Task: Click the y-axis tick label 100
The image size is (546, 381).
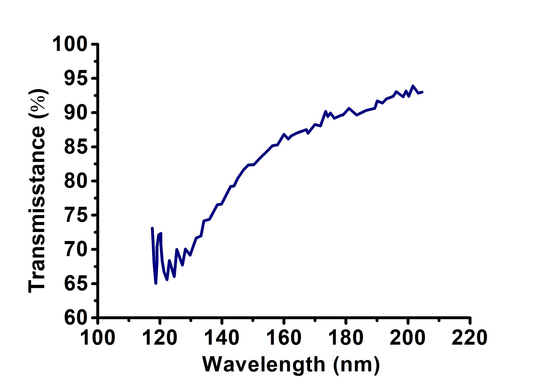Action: tap(70, 44)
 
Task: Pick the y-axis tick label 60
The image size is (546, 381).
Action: tap(76, 318)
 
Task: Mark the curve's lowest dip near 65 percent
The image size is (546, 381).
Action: tap(156, 283)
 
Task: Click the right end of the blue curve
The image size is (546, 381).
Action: tap(422, 92)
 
